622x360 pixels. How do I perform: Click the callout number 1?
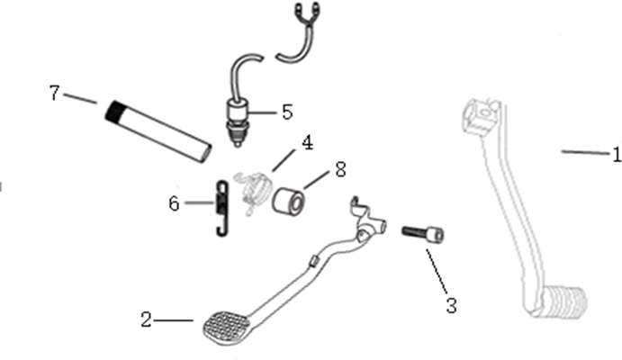tap(617, 154)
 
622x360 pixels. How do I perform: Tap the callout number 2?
tap(147, 319)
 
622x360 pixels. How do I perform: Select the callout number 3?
tap(451, 306)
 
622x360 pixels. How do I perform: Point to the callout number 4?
tap(308, 143)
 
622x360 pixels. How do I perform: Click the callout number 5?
tap(287, 112)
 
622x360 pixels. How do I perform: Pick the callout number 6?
tap(174, 203)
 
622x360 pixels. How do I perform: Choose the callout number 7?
tap(55, 93)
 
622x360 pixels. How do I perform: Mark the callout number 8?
tap(340, 169)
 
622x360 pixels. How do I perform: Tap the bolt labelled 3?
tap(423, 233)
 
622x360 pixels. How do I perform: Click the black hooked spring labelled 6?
tap(222, 208)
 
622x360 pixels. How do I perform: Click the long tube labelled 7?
tap(158, 131)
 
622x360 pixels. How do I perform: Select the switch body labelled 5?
tap(238, 123)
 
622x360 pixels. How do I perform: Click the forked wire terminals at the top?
tap(308, 12)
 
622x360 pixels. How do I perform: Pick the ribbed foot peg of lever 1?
tap(566, 301)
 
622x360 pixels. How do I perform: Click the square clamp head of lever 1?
tap(479, 116)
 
